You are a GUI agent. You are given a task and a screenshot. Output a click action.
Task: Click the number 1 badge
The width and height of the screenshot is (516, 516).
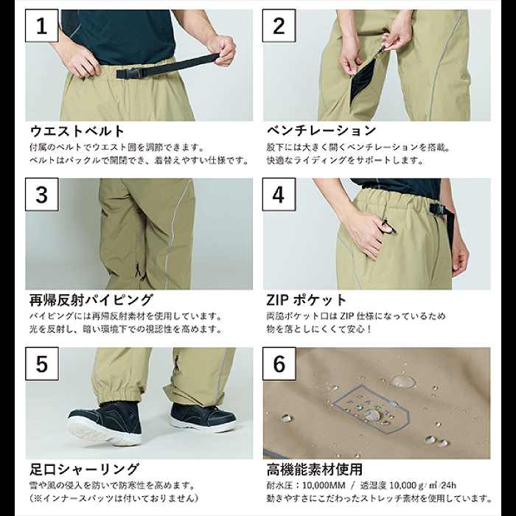42,28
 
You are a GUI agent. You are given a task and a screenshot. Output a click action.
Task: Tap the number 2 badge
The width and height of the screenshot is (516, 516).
279,28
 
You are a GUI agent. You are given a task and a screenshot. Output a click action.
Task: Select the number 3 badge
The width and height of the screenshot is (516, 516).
42,195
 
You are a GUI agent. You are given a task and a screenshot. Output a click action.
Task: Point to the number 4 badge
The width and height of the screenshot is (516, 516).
279,195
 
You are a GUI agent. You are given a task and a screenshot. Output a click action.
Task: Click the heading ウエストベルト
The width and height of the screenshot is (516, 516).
77,131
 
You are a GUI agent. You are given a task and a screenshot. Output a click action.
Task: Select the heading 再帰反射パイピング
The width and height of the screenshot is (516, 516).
91,300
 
